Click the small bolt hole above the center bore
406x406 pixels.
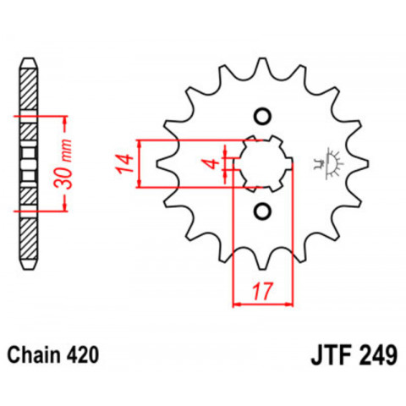coord(261,116)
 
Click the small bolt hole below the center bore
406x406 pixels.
coord(261,210)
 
